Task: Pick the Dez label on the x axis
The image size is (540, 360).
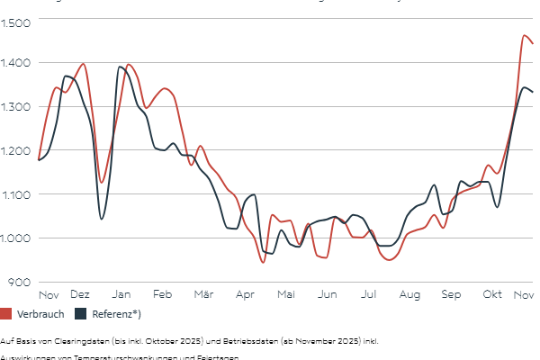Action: click(80, 295)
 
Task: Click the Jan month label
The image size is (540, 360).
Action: click(121, 295)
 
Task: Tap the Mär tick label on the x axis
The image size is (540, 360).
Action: click(203, 295)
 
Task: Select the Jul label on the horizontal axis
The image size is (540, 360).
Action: click(368, 295)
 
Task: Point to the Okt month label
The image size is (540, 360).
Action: click(491, 295)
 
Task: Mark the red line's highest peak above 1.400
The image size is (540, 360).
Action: click(525, 36)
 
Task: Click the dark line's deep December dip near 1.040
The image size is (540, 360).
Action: click(102, 218)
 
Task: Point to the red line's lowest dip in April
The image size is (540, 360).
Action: click(263, 261)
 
